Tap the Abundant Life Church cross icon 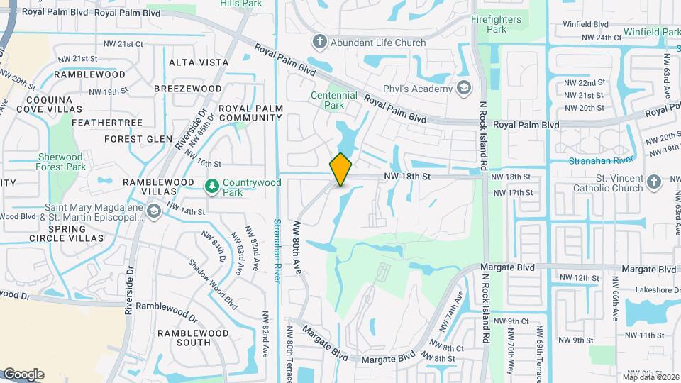click(319, 43)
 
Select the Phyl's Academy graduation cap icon click(464, 89)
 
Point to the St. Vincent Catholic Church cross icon click(654, 183)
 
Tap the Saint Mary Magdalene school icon click(153, 211)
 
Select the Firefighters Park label click(497, 24)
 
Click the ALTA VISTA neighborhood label click(199, 62)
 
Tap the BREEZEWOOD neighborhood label click(188, 88)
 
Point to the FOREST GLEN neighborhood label click(138, 139)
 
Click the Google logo click(23, 374)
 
